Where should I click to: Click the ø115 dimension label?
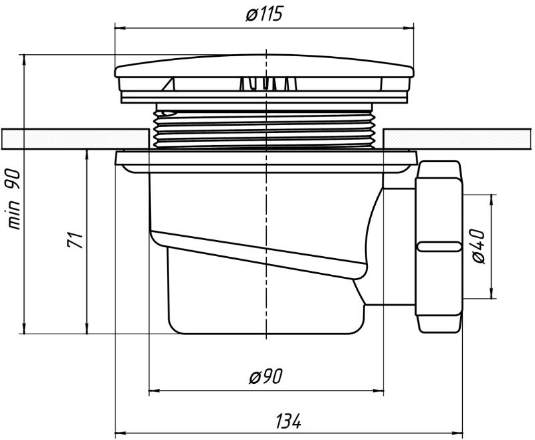coord(264,14)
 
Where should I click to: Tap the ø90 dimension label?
coord(265,376)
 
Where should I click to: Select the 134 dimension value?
coord(289,421)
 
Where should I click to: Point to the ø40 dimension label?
coord(478,246)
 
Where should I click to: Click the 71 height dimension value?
coord(75,240)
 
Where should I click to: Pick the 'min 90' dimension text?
coord(14,199)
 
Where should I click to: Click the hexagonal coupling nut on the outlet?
coord(439,247)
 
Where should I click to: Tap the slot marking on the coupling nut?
coord(439,246)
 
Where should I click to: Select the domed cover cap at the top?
coord(264,66)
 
